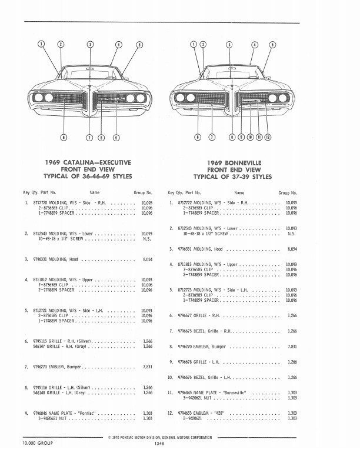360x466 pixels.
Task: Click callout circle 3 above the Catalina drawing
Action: tap(90, 45)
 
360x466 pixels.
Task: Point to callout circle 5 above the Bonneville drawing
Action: tap(271, 45)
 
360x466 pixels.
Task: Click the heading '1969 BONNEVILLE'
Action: tap(235, 162)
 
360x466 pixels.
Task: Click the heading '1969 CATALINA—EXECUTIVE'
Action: tap(88, 162)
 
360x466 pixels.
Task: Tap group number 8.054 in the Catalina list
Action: tap(148, 259)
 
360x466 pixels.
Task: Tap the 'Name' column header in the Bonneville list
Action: tap(239, 192)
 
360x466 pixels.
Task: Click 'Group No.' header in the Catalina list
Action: tap(143, 192)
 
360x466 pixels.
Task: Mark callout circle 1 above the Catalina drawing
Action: tap(41, 45)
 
